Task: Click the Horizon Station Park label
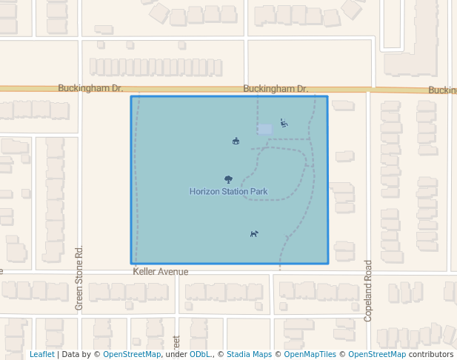pos(228,192)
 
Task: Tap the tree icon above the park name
pos(228,179)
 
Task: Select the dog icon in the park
pos(254,233)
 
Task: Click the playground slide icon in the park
pos(284,123)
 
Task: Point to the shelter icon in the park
pos(236,141)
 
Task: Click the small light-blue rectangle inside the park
pos(264,129)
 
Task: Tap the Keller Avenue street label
pos(161,272)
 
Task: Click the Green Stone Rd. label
pos(79,278)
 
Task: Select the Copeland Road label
pos(367,290)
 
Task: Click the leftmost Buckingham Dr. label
pos(90,88)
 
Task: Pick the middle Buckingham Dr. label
pos(276,89)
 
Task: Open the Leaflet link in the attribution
pos(41,354)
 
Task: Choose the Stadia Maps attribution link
pos(249,354)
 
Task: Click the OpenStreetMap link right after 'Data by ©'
pos(132,354)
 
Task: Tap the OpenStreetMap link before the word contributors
pos(377,354)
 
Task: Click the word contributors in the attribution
pos(431,354)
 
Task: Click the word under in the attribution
pos(177,354)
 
